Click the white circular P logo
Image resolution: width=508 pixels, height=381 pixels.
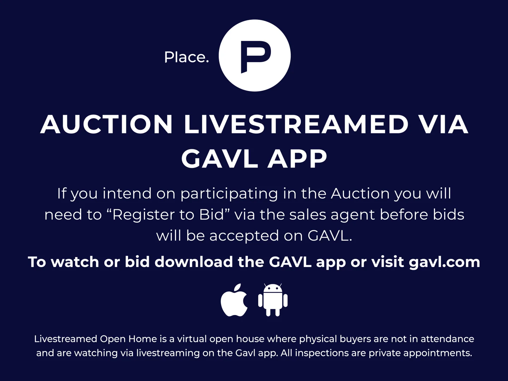pos(255,55)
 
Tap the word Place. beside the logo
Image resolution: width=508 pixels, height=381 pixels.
pos(187,57)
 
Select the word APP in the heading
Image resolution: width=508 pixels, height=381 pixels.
pos(297,159)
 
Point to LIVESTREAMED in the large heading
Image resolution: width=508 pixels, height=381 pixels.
pos(296,124)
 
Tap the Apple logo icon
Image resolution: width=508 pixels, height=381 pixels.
pos(234,300)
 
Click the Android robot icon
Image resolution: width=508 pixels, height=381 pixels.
pos(273,300)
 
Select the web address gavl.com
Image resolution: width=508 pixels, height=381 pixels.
pos(445,262)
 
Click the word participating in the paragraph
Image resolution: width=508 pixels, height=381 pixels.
pos(229,194)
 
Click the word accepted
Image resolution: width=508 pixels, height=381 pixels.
pos(244,236)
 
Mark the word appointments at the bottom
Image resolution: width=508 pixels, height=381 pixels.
pos(437,353)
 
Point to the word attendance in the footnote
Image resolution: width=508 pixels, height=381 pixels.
pos(447,339)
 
